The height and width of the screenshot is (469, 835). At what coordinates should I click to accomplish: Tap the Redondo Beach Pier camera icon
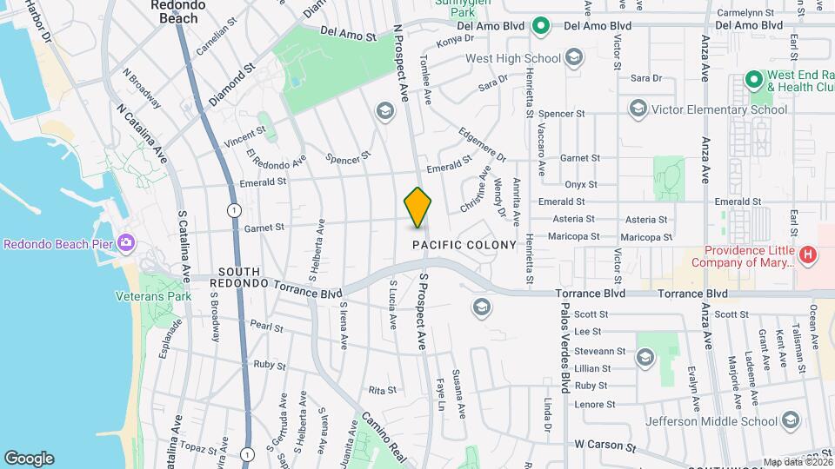click(x=126, y=242)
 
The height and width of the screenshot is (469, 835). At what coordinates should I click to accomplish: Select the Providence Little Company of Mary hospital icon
click(x=809, y=254)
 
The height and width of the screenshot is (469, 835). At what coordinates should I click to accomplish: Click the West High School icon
click(x=573, y=58)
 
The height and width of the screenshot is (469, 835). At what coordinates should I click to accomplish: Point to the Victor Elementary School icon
click(x=638, y=109)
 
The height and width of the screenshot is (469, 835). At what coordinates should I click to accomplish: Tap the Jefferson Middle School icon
click(x=790, y=421)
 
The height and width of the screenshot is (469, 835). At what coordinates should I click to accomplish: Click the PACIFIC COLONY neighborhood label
click(x=464, y=246)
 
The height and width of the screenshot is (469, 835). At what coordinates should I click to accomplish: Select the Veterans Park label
click(x=153, y=296)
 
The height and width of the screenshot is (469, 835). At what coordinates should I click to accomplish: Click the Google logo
click(x=29, y=459)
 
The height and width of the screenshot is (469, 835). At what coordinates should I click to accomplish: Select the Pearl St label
click(x=265, y=326)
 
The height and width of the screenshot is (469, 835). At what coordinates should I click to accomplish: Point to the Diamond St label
click(x=230, y=80)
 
